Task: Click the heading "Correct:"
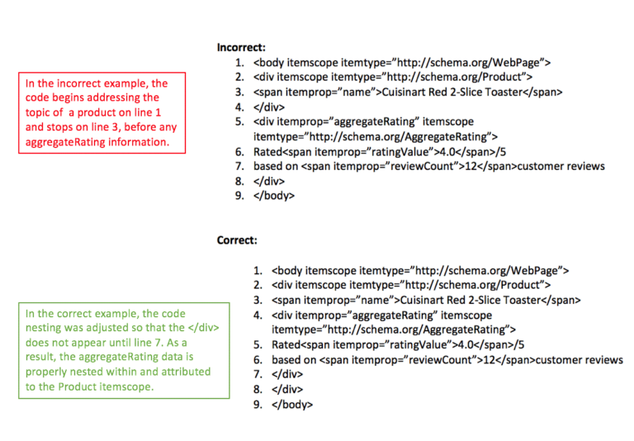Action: [x=237, y=240]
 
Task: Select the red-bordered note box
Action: [x=103, y=112]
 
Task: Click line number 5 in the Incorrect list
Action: [x=239, y=121]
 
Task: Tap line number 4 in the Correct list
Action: [x=258, y=315]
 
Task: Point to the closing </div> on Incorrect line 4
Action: [x=268, y=107]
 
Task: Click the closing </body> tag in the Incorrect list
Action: [x=273, y=196]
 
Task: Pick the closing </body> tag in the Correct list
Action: [x=291, y=405]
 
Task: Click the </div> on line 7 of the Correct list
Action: [x=286, y=374]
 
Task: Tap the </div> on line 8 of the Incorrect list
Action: [x=268, y=181]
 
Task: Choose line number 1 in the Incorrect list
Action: [x=239, y=63]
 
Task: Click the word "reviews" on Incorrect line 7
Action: [x=585, y=166]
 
